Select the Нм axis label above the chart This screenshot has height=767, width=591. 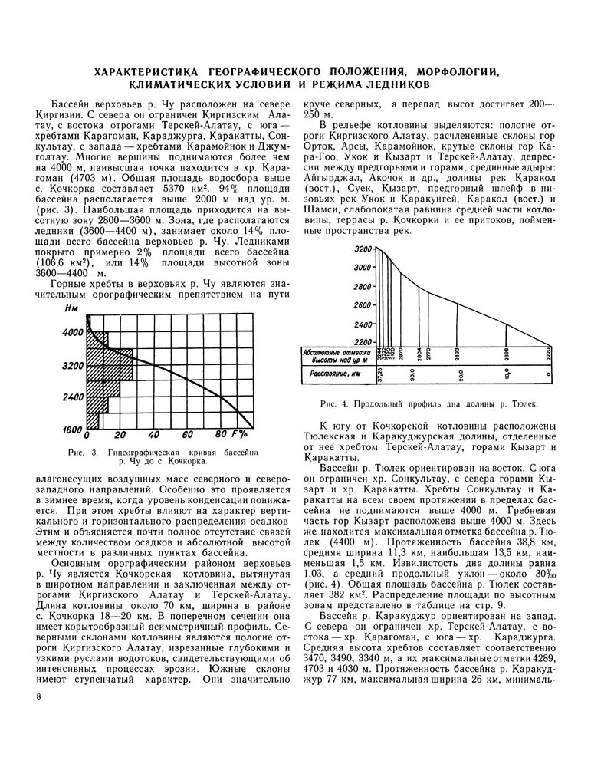72,309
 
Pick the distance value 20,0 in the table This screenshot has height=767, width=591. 461,375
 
